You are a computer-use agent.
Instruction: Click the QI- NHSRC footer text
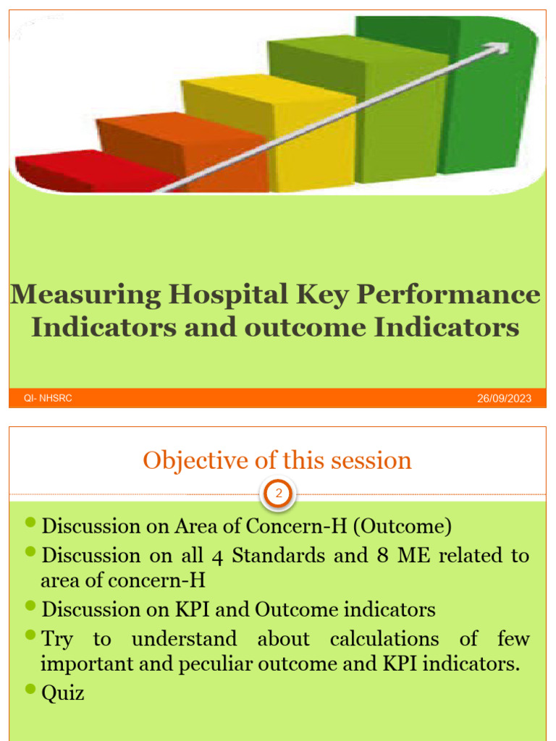[48, 398]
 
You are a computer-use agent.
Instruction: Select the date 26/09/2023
[504, 399]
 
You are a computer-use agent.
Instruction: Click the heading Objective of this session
[277, 460]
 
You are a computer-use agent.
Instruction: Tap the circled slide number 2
[278, 495]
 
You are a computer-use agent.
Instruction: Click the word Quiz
[63, 693]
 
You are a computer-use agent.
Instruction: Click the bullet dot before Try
[30, 635]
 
